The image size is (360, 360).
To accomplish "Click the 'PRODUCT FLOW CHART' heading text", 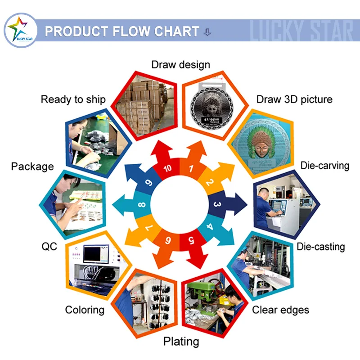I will [x=122, y=31].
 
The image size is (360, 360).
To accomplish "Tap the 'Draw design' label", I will [x=180, y=64].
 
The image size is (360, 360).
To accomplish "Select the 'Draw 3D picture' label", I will [x=294, y=99].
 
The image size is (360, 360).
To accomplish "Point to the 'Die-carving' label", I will [x=325, y=165].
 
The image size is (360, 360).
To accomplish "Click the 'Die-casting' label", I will [x=320, y=247].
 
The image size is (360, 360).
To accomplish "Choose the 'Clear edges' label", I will [x=280, y=310].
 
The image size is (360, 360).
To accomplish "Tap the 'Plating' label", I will [x=181, y=342].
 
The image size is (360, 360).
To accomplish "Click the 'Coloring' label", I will [x=85, y=310].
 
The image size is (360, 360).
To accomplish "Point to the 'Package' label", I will [x=32, y=166].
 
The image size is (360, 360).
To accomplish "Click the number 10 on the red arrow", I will [x=167, y=169].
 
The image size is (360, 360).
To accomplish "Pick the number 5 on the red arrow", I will [x=191, y=239].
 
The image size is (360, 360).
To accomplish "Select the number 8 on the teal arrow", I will [x=142, y=205].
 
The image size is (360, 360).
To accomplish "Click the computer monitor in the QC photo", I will [x=96, y=255].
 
